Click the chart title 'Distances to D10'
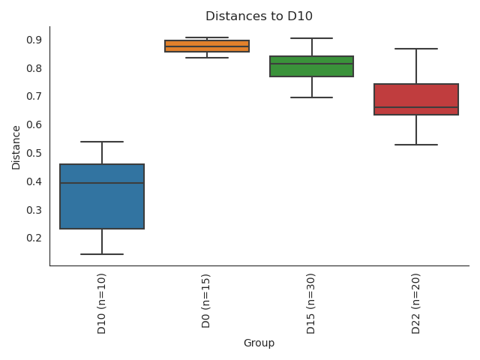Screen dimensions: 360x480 pos(259,16)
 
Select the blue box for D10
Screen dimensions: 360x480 pos(102,206)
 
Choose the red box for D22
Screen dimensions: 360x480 pos(416,94)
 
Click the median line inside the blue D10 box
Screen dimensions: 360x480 pos(102,183)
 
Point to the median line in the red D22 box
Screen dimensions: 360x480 pos(416,107)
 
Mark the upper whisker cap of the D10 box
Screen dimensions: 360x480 pos(102,142)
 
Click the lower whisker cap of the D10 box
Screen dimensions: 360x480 pos(102,254)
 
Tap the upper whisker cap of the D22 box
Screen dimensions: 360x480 pos(416,49)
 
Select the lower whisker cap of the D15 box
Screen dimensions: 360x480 pos(311,97)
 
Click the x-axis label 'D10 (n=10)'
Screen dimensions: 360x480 pos(102,303)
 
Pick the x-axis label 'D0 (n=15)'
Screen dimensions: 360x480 pos(207,301)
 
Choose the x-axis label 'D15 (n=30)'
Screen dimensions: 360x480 pos(311,303)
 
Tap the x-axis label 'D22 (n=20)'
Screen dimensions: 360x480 pos(416,303)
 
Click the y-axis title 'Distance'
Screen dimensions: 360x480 pos(16,146)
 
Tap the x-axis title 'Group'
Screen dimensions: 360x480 pos(259,343)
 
